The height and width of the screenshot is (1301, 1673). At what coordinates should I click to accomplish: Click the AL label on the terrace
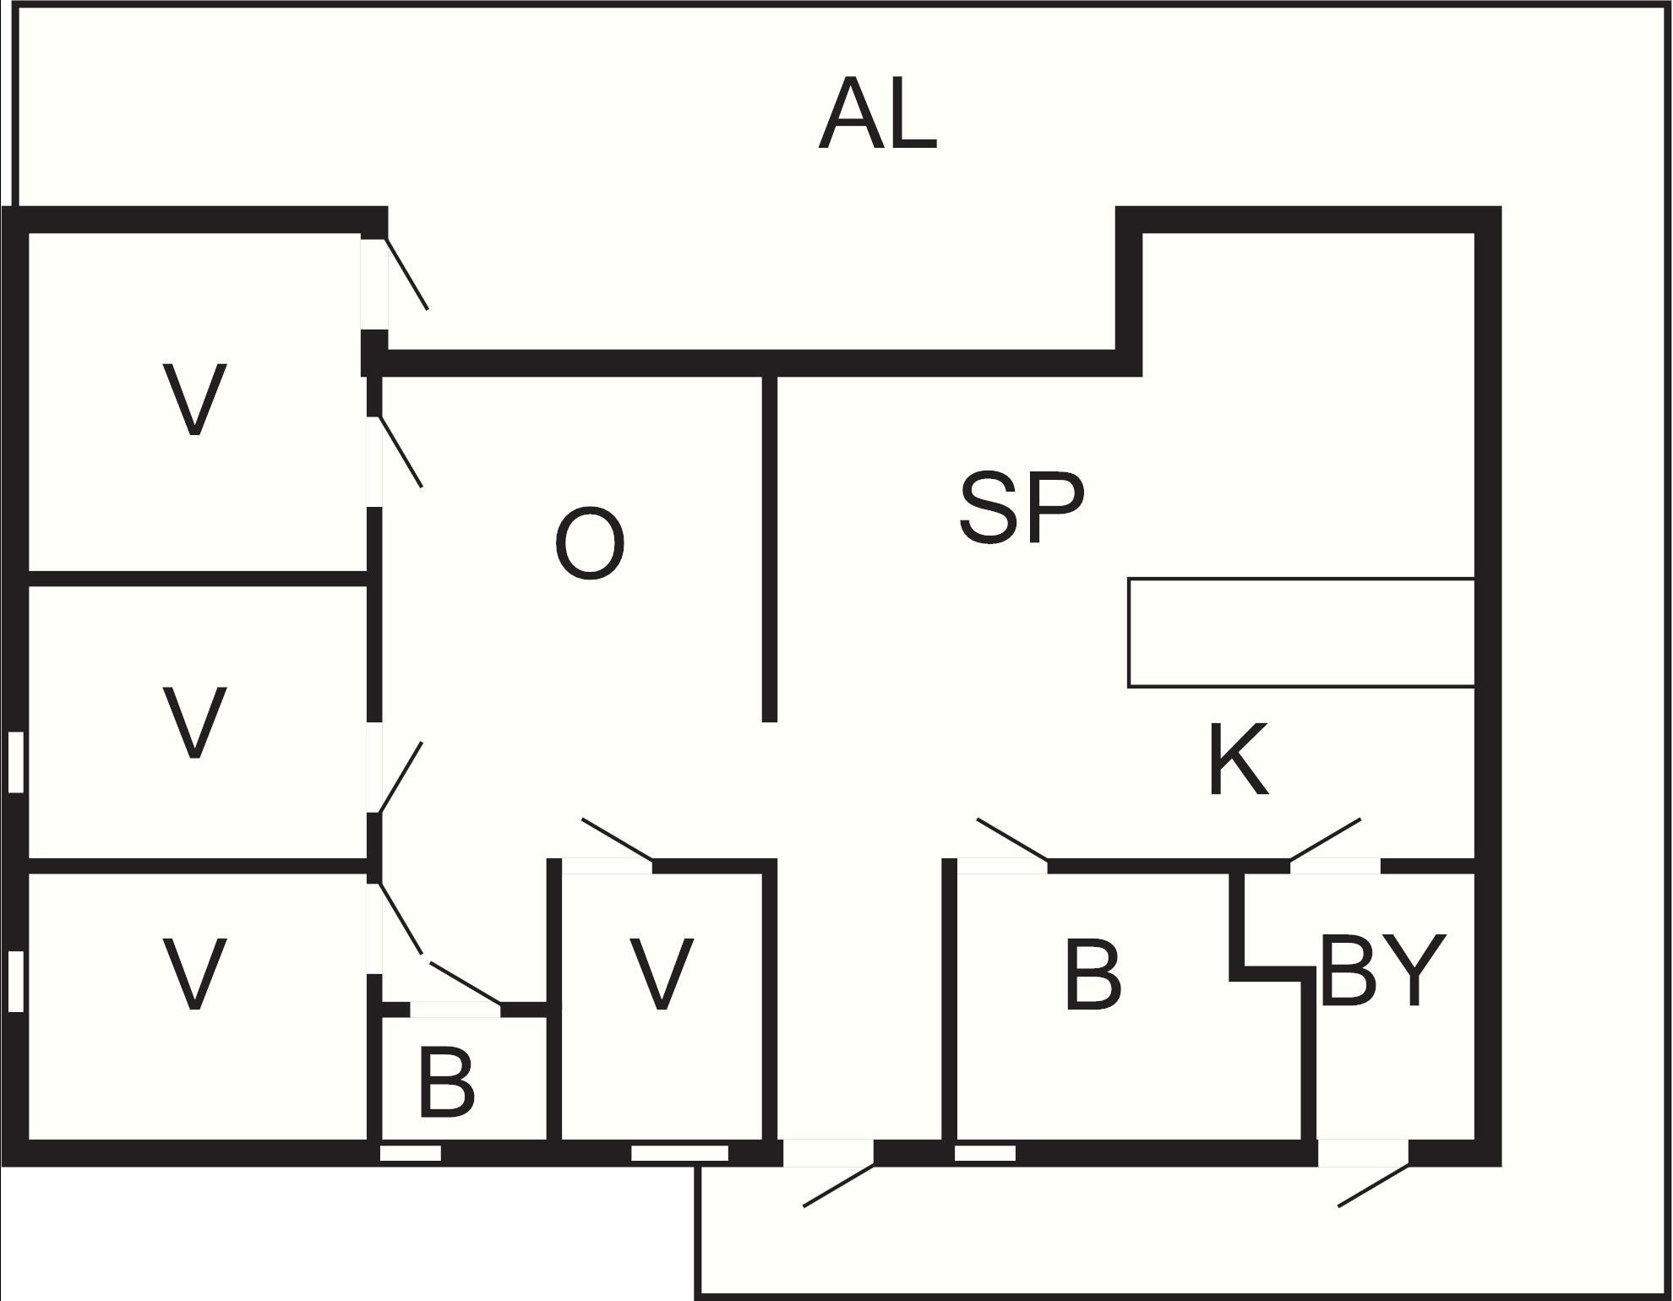(878, 114)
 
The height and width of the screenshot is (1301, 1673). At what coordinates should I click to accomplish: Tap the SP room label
(1022, 507)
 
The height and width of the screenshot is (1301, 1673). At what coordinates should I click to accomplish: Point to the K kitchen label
(1239, 759)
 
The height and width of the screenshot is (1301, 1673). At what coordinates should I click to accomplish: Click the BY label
(1382, 971)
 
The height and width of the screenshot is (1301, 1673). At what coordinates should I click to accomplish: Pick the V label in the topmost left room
(194, 400)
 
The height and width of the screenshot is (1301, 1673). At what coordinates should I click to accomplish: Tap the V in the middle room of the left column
(194, 721)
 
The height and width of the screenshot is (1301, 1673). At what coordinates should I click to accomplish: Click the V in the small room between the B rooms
(662, 973)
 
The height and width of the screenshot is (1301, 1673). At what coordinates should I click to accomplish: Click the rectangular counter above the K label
(1302, 633)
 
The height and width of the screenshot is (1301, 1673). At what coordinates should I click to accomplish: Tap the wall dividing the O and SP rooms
(769, 548)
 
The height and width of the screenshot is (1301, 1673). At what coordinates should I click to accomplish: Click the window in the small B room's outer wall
(411, 1153)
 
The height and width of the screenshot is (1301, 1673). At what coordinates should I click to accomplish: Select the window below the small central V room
(680, 1153)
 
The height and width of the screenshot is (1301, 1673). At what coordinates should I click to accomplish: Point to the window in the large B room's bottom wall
(985, 1153)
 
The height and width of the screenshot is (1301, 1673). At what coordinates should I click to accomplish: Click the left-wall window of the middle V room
(15, 763)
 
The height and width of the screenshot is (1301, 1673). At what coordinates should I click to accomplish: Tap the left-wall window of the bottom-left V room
(15, 981)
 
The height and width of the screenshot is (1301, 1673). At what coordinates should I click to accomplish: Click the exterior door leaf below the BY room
(1374, 1185)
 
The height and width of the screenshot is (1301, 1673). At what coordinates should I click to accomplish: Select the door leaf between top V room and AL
(407, 275)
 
